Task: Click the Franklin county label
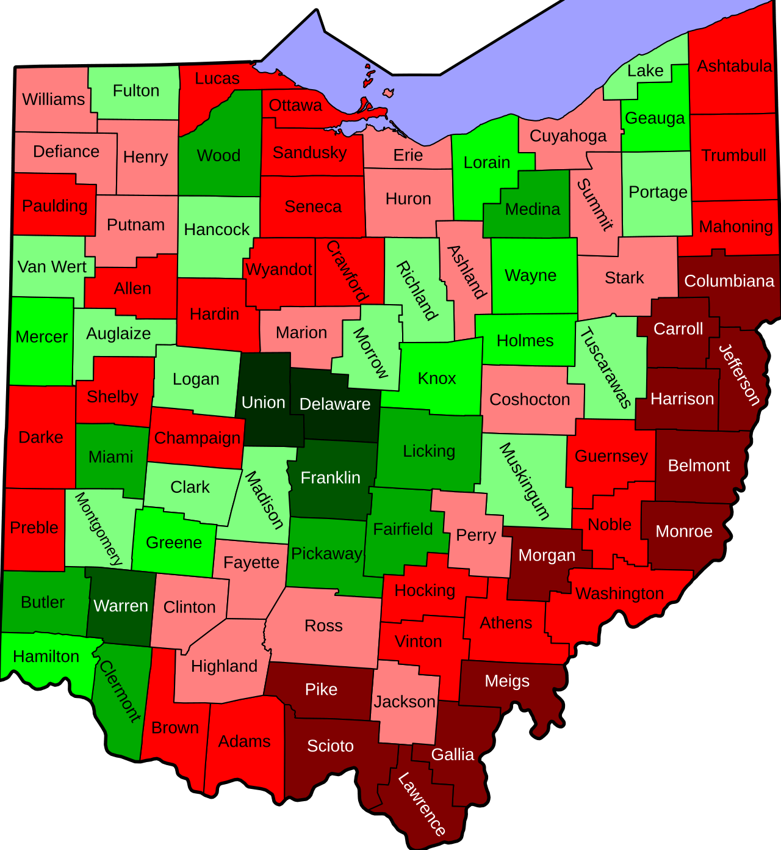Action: point(330,478)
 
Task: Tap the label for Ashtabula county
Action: point(734,66)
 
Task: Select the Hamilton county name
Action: point(46,656)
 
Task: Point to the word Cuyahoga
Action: point(568,136)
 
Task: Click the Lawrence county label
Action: point(422,804)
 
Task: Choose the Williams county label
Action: point(53,99)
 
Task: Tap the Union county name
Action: point(263,402)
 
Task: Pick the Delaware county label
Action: point(335,404)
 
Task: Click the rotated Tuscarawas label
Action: point(605,368)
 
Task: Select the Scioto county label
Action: point(330,746)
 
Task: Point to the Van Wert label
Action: point(52,267)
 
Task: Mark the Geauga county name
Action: point(655,118)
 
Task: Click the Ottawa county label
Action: point(295,105)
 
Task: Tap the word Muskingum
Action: point(525,481)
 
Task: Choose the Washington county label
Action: point(619,593)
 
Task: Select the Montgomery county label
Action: point(98,529)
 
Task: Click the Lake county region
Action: point(646,71)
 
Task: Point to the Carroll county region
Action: point(678,329)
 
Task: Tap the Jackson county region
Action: point(405,702)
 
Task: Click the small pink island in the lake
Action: point(388,93)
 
